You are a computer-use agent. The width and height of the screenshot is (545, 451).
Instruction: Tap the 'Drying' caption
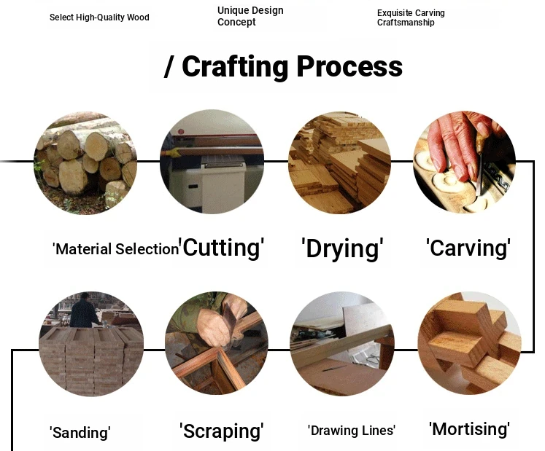342,248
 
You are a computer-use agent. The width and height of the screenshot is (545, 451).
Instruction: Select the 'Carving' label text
468,248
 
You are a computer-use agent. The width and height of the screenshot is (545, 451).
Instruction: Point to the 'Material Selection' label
115,249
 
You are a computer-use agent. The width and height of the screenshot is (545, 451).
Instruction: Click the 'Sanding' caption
80,433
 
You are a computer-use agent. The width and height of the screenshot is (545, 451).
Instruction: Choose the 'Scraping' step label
221,431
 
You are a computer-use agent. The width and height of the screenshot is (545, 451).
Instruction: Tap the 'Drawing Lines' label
352,431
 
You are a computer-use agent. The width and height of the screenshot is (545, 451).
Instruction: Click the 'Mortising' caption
469,429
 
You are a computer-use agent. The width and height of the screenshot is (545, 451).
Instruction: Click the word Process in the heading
349,66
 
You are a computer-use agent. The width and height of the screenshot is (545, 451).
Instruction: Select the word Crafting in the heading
235,66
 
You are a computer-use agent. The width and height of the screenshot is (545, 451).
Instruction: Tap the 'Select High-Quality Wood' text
99,17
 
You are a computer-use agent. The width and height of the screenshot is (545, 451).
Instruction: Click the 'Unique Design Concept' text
250,16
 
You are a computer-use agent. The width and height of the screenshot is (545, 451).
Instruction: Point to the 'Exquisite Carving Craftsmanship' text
411,17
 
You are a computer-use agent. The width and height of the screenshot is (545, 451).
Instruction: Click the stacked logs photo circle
85,162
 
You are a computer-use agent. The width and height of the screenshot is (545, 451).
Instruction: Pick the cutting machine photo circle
212,162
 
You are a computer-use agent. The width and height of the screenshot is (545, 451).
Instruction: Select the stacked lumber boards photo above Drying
339,162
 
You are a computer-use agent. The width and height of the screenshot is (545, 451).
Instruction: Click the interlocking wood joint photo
469,343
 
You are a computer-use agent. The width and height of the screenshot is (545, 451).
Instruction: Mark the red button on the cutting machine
181,132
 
